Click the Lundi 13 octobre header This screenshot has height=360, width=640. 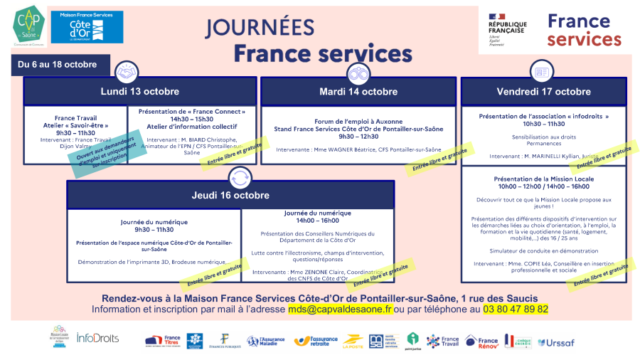[x=139, y=91]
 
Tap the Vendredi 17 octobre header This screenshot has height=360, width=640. [x=544, y=91]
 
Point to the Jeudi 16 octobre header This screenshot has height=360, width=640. [x=230, y=195]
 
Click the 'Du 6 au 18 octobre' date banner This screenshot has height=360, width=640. [x=58, y=65]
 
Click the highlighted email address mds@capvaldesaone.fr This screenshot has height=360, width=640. [x=340, y=309]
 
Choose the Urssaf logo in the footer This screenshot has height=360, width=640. [x=556, y=342]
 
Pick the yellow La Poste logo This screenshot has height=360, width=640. [x=352, y=342]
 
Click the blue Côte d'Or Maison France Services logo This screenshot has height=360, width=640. [x=87, y=26]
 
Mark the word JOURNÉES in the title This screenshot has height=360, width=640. [x=260, y=27]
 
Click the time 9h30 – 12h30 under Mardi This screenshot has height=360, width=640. [x=358, y=136]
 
